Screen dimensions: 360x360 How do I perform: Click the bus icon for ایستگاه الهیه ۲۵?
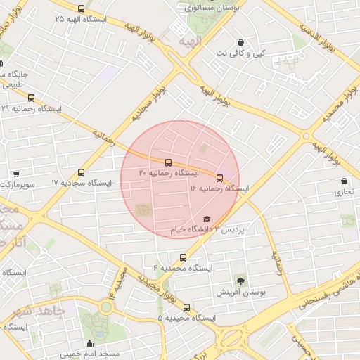[81, 9]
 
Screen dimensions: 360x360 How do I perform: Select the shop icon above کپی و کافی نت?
[241, 42]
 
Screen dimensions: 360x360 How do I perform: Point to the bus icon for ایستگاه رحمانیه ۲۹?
[31, 98]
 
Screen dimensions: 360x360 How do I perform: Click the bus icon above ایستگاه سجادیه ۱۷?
[82, 172]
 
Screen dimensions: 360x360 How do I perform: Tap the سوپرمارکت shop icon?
[16, 174]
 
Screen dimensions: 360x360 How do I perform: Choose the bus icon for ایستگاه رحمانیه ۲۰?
[167, 162]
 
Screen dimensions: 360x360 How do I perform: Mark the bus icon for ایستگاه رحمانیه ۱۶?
[219, 178]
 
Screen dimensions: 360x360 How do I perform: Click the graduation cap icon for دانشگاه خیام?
[206, 219]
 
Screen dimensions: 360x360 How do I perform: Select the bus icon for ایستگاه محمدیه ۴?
[184, 257]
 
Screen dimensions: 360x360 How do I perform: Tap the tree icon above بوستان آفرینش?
[240, 281]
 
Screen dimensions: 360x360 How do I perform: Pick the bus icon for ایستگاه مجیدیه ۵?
[186, 307]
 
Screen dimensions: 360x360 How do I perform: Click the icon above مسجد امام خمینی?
[89, 344]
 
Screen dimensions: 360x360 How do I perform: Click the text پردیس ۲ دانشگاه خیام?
[208, 230]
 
